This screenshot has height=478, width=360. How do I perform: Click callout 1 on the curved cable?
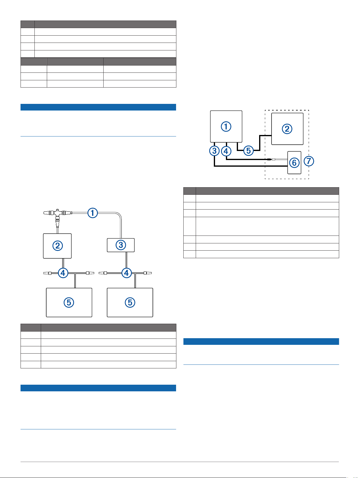[x=92, y=213]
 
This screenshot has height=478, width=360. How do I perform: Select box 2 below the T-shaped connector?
[x=57, y=246]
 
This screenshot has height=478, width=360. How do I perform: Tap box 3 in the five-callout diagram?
[x=121, y=245]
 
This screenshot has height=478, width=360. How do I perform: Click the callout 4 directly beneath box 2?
[x=63, y=273]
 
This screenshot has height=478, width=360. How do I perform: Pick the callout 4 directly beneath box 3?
[x=126, y=273]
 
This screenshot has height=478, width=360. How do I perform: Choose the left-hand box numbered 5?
[x=69, y=302]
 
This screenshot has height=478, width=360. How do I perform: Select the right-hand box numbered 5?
[x=130, y=302]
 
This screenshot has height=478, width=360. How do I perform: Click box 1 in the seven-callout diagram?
[x=226, y=127]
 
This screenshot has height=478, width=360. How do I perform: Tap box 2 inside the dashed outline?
[x=287, y=129]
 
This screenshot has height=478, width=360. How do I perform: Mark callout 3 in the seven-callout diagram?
[x=214, y=151]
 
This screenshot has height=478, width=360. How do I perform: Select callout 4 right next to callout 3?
[x=226, y=151]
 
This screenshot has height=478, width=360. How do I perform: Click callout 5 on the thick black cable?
[x=249, y=150]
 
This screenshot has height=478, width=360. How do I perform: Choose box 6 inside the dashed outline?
[x=294, y=163]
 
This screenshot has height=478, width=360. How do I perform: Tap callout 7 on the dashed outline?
[x=309, y=161]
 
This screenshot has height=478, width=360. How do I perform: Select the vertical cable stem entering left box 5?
[x=75, y=281]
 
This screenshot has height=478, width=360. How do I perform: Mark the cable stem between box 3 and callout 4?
[x=126, y=260]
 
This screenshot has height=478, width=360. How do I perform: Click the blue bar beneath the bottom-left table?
[x=98, y=388]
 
